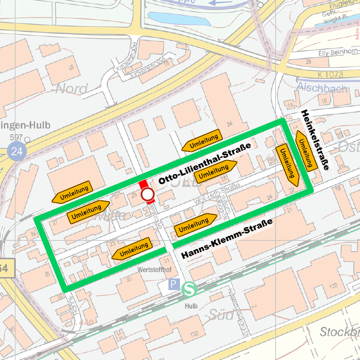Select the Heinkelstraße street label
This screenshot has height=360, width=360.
pos(314,140)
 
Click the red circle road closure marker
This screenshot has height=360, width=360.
pos(147,194)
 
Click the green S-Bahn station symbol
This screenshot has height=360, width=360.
pos(189,288)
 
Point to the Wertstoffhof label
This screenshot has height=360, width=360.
pos(154,270)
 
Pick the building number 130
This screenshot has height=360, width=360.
pos(194,334)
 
